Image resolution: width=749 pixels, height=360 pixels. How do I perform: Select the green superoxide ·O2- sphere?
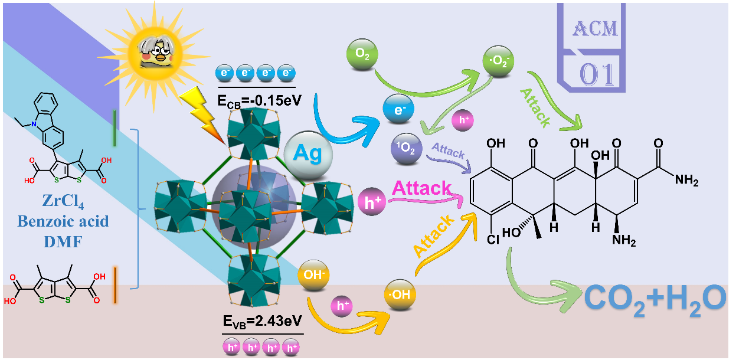click(x=499, y=60)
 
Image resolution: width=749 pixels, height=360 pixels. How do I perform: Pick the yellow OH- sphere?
click(x=313, y=276)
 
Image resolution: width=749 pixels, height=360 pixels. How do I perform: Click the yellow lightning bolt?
click(x=204, y=113)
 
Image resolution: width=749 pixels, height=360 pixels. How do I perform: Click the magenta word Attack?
click(x=421, y=189)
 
